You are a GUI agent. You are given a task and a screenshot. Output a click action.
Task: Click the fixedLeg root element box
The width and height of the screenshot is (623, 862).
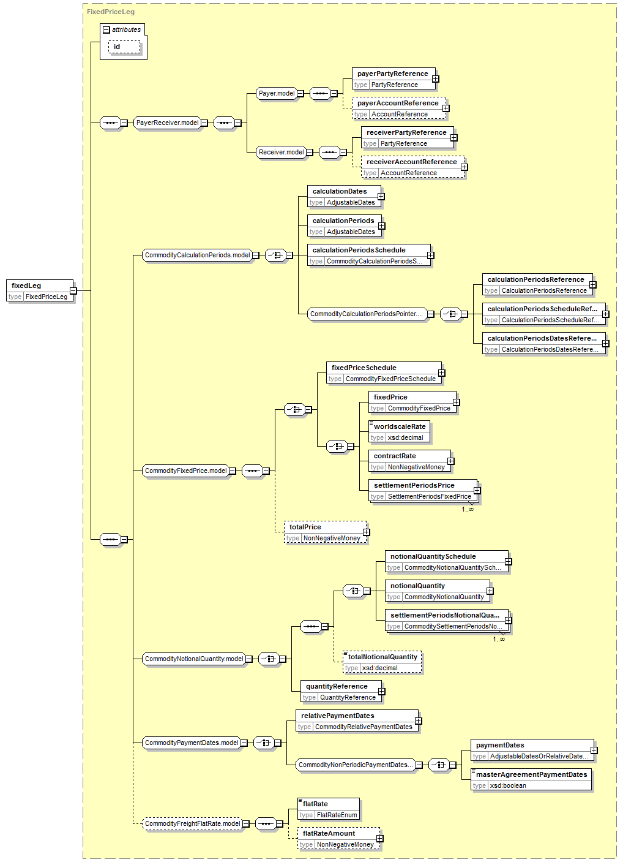tap(40, 290)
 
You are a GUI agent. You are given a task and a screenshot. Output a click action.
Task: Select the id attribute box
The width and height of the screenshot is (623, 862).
tap(124, 47)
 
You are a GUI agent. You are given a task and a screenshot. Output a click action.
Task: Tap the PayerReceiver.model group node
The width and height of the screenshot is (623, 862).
tap(167, 123)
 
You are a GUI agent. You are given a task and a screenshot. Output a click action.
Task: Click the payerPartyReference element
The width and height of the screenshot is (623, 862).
tap(394, 79)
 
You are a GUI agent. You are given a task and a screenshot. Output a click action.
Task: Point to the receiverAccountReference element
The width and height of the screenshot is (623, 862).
tap(412, 167)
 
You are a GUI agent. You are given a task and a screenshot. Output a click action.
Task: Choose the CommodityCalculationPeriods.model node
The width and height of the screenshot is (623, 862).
tap(198, 255)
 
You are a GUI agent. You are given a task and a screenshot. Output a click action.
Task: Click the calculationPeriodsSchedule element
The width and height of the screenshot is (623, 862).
tap(368, 255)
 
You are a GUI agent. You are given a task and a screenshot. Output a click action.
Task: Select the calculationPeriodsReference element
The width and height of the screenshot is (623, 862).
tap(537, 285)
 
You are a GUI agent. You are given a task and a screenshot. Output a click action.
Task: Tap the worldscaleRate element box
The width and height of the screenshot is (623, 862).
tap(399, 432)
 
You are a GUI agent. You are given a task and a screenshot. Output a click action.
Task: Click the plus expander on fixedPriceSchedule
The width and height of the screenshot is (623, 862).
tap(442, 373)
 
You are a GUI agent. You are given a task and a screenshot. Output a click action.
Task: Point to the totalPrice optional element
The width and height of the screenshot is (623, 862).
tap(325, 532)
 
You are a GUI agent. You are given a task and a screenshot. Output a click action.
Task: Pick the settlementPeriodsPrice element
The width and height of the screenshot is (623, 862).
tap(423, 491)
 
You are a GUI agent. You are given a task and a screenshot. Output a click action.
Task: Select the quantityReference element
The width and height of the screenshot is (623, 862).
tap(341, 692)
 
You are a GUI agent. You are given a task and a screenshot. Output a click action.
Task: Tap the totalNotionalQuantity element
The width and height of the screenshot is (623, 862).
tap(382, 662)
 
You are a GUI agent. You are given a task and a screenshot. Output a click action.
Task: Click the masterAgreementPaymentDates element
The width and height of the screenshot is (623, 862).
tap(531, 780)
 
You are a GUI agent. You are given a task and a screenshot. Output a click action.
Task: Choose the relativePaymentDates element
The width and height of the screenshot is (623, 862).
tap(357, 720)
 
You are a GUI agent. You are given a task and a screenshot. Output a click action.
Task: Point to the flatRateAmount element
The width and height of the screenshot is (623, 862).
tap(338, 839)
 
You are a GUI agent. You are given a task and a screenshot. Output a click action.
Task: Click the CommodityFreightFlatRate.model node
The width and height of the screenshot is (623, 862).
tap(193, 823)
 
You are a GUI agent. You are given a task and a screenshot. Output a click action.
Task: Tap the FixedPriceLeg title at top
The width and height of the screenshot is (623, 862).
tap(111, 12)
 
